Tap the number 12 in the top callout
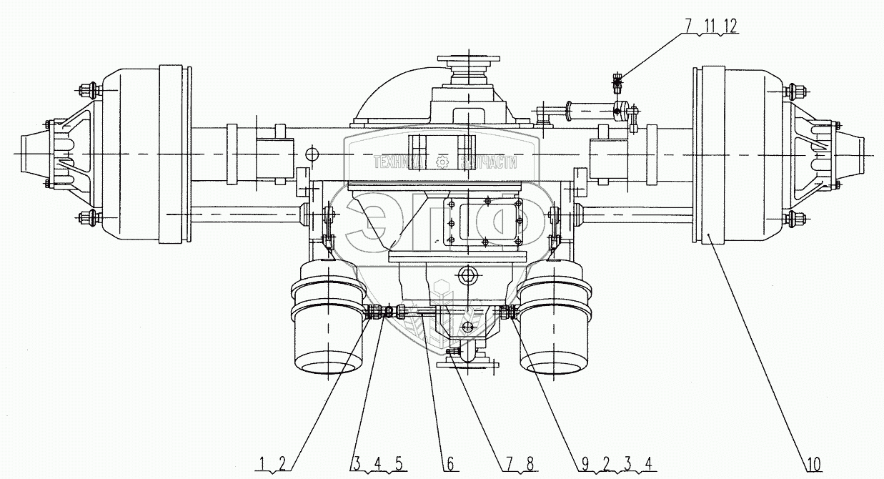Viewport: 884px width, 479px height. (x=729, y=25)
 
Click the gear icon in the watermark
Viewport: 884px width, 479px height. (x=443, y=163)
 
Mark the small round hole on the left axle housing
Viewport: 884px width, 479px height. (x=312, y=154)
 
